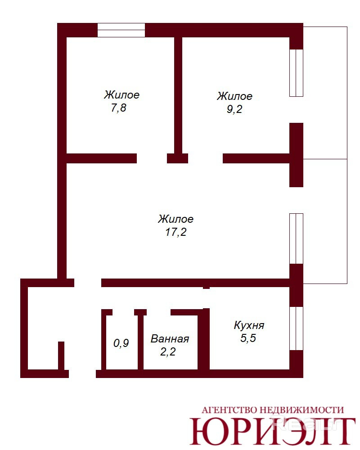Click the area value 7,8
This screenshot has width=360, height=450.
118,108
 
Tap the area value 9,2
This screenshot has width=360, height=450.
234,109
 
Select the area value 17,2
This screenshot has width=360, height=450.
175,232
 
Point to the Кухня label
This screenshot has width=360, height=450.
249,325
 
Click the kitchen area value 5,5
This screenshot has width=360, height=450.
248,338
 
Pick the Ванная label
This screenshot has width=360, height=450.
170,339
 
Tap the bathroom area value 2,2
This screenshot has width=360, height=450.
168,351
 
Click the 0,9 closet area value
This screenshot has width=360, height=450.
121,343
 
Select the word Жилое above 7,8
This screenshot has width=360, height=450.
121,95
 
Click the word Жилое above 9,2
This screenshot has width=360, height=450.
234,96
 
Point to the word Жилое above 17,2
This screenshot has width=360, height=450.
175,219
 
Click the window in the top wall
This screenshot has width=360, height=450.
121,30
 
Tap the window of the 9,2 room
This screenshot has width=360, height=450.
296,73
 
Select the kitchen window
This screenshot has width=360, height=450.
296,328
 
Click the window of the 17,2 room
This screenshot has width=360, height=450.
296,238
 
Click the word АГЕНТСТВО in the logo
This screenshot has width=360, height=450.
228,410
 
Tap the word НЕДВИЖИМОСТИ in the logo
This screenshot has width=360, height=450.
301,410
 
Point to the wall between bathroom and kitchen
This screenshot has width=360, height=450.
204,339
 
